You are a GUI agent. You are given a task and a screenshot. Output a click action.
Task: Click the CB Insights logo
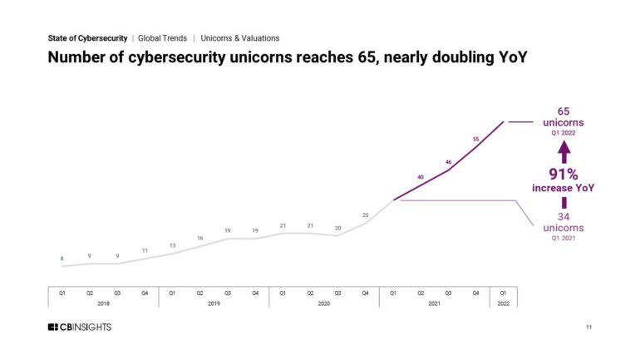79,327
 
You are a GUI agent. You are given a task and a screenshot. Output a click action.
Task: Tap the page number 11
588,328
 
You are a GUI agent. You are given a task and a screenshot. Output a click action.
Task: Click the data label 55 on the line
475,139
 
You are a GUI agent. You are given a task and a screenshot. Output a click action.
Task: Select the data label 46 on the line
448,162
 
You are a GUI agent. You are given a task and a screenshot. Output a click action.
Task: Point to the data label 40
421,177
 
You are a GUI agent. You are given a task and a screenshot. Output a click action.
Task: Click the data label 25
365,215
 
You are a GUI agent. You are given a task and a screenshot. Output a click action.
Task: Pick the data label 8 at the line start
62,259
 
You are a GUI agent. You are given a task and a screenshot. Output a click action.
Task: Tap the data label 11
145,250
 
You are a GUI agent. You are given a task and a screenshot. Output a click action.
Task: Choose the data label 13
172,245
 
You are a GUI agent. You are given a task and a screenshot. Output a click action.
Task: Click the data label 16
199,238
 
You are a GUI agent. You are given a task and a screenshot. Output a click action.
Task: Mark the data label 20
337,228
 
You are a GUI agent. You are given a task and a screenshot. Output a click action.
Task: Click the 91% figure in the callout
563,174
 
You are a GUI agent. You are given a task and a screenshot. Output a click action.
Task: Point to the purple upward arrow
564,150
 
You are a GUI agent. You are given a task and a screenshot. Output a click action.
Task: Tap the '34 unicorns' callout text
564,222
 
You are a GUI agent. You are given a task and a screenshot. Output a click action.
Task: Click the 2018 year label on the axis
103,303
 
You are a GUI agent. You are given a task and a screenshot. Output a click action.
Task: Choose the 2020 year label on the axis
323,303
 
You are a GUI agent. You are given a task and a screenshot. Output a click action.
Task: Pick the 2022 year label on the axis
503,303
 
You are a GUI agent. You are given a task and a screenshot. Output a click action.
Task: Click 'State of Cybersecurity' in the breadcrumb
87,38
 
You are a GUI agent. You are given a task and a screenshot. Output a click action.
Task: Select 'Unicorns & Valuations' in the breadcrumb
240,38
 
